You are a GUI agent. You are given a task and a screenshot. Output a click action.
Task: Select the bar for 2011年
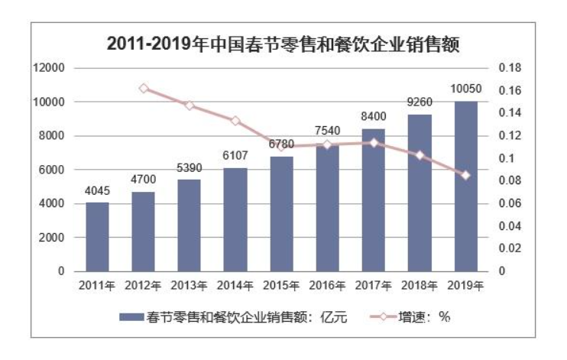[97, 237]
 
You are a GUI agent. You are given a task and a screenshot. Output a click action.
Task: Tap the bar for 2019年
[465, 186]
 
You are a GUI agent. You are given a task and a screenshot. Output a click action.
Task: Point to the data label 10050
[465, 90]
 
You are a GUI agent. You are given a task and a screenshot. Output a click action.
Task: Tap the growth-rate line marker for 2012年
[144, 89]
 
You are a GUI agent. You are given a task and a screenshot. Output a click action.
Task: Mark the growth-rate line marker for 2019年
[465, 175]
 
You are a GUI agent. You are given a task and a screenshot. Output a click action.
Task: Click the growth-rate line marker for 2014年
[235, 121]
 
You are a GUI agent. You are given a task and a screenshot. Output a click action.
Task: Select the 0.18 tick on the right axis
[510, 68]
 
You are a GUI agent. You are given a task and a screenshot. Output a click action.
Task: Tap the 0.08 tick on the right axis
[510, 181]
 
